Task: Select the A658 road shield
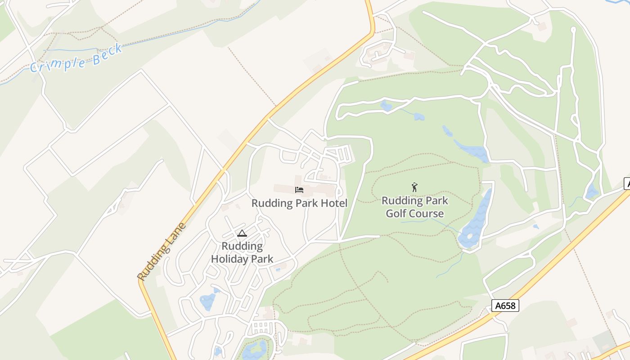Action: click(505, 306)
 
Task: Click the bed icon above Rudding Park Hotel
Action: click(299, 190)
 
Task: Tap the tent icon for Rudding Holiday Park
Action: click(242, 234)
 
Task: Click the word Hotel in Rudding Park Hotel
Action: click(333, 203)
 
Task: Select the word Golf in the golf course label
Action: click(399, 213)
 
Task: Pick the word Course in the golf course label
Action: click(429, 213)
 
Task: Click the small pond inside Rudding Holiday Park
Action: click(208, 301)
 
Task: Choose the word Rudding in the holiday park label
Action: click(242, 246)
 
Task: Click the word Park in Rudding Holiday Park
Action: click(262, 259)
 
